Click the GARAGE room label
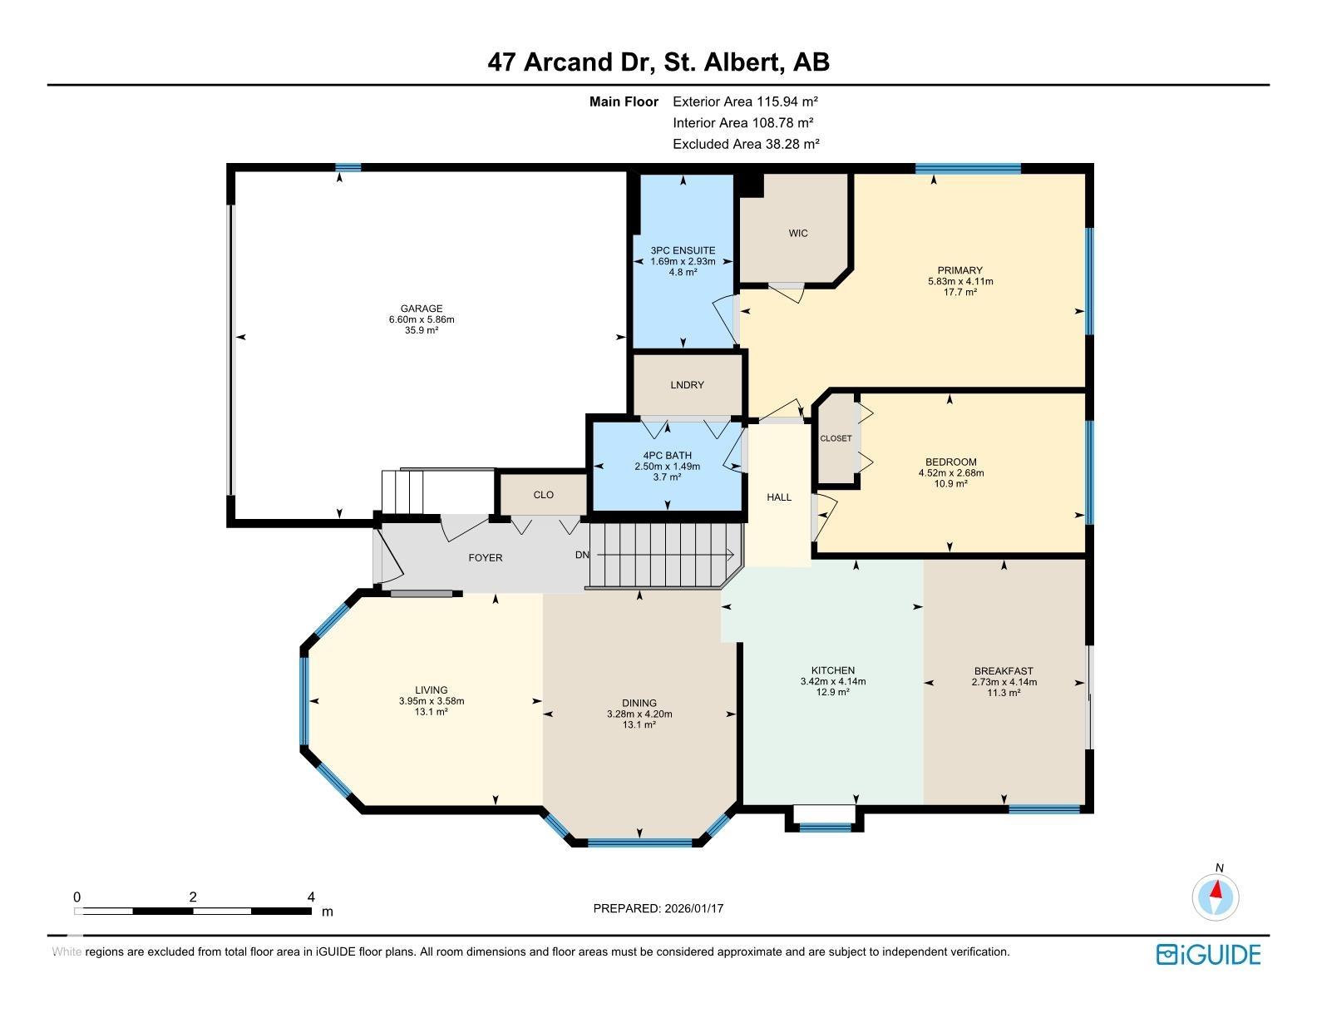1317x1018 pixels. click(x=422, y=309)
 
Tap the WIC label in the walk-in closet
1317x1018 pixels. click(x=798, y=234)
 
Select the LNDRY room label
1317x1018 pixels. click(x=688, y=385)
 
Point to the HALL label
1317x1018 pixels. click(x=779, y=497)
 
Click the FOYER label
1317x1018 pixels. click(x=486, y=558)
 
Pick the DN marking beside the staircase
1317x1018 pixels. click(x=582, y=555)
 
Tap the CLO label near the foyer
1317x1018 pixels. click(x=544, y=495)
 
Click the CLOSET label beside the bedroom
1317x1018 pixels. click(x=836, y=438)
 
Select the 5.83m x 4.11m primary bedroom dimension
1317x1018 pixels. click(x=960, y=281)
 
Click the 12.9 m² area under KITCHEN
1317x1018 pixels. click(x=833, y=692)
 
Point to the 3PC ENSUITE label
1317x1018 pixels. click(x=683, y=250)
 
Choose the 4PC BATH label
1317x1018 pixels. click(x=668, y=455)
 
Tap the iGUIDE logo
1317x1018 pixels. click(x=1208, y=954)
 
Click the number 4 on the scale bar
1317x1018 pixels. click(x=311, y=897)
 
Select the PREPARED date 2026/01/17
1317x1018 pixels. click(x=694, y=908)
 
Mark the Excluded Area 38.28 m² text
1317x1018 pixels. click(x=746, y=145)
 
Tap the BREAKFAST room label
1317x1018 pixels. click(x=1004, y=670)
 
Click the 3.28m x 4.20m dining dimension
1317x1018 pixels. click(x=639, y=714)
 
